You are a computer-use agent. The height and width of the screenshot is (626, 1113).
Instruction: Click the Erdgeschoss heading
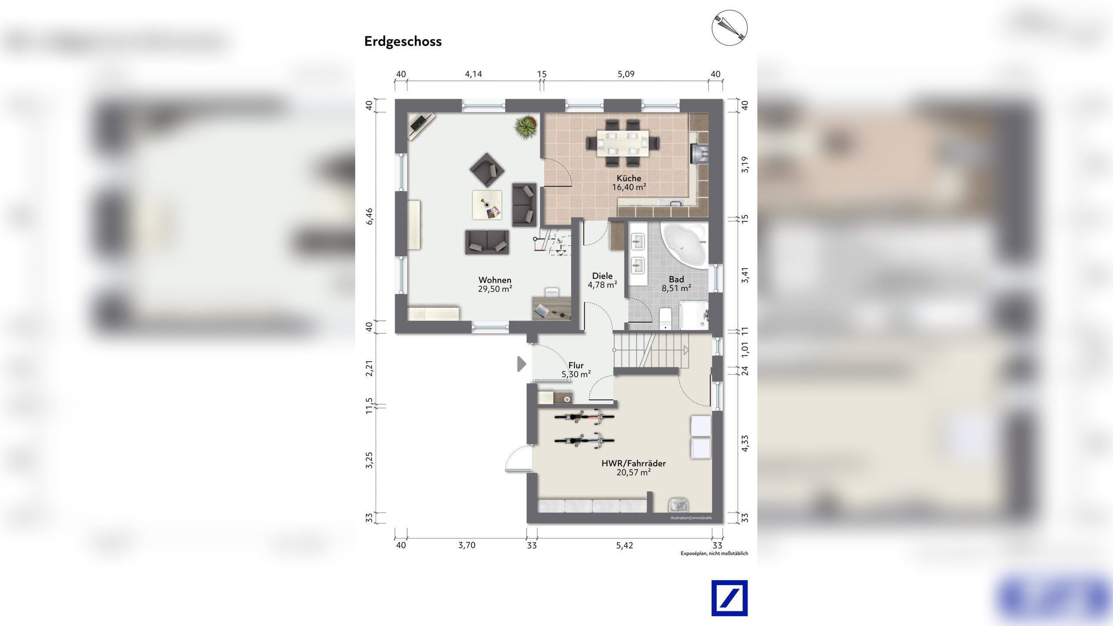pyautogui.click(x=403, y=42)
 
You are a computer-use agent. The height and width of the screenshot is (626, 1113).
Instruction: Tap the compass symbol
pyautogui.click(x=729, y=28)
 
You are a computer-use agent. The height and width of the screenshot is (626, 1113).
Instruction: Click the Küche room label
pyautogui.click(x=629, y=178)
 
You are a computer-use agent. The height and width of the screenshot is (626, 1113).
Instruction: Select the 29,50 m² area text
pyautogui.click(x=495, y=289)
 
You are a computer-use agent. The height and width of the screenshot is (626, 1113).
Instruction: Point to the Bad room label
pyautogui.click(x=676, y=279)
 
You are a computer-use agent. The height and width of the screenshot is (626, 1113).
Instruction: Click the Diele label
pyautogui.click(x=602, y=276)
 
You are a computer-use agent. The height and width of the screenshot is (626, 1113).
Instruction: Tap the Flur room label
pyautogui.click(x=576, y=366)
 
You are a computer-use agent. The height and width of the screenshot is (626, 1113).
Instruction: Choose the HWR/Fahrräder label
pyautogui.click(x=633, y=463)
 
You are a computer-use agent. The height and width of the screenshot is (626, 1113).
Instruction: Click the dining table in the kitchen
pyautogui.click(x=623, y=143)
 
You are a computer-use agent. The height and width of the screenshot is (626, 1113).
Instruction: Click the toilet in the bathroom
pyautogui.click(x=666, y=319)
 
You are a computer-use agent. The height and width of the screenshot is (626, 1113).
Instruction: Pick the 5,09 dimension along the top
pyautogui.click(x=626, y=74)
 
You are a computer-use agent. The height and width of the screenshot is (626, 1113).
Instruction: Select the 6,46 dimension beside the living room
pyautogui.click(x=370, y=216)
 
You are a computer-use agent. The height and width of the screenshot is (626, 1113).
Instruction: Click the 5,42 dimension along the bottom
pyautogui.click(x=624, y=545)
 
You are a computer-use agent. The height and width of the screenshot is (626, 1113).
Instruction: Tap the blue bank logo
pyautogui.click(x=730, y=598)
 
